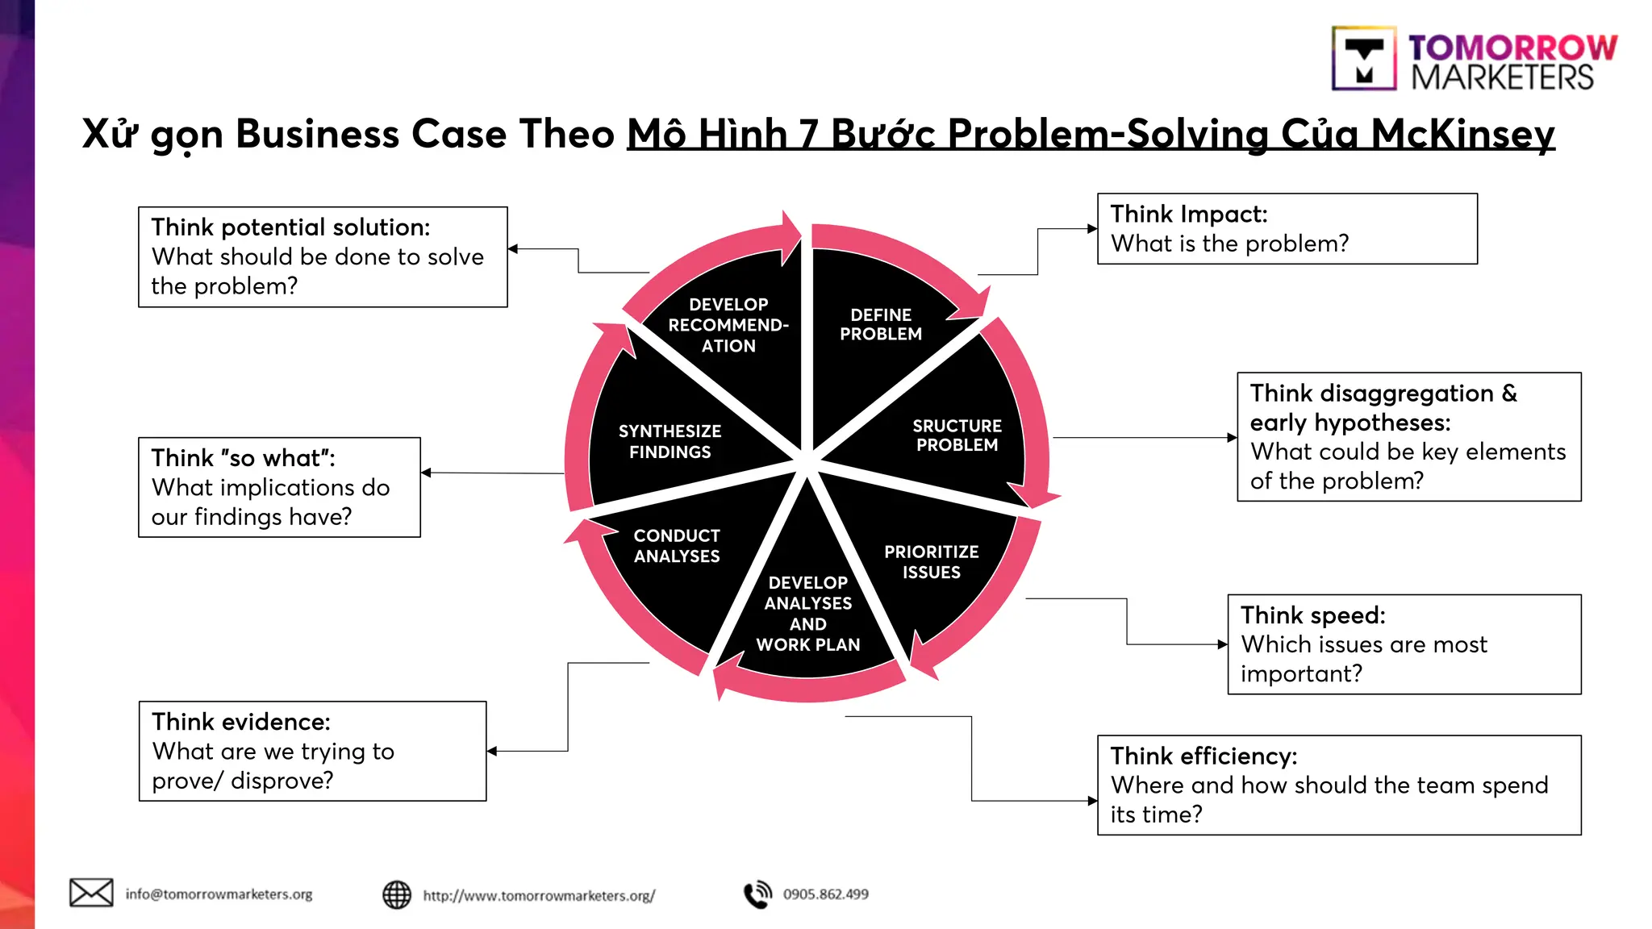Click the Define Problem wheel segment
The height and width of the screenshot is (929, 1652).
click(x=880, y=324)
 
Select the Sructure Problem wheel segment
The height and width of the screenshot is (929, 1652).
click(x=957, y=435)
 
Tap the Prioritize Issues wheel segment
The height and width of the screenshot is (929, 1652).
click(x=931, y=562)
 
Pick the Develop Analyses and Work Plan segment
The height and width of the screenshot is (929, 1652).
click(x=807, y=613)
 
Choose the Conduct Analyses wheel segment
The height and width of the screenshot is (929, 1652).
click(x=676, y=546)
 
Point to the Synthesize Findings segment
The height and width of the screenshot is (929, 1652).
click(x=670, y=441)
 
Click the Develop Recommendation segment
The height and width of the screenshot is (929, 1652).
click(x=728, y=325)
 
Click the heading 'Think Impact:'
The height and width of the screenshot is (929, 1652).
click(x=1189, y=215)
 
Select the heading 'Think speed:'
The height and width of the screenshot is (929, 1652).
click(x=1312, y=615)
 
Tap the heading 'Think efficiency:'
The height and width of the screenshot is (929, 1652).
click(x=1204, y=756)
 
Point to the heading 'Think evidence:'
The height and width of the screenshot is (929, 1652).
click(x=241, y=722)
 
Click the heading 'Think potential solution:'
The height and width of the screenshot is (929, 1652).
click(x=290, y=227)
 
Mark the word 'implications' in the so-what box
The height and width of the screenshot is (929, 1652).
click(x=287, y=488)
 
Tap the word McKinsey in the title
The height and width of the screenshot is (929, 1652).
click(x=1462, y=135)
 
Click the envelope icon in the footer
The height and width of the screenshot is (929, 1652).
click(x=91, y=893)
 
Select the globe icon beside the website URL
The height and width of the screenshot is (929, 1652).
click(x=396, y=894)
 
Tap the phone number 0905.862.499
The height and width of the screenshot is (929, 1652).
click(x=825, y=894)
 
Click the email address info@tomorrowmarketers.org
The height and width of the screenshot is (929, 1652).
click(x=219, y=894)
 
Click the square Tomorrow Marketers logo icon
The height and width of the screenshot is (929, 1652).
click(x=1363, y=59)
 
